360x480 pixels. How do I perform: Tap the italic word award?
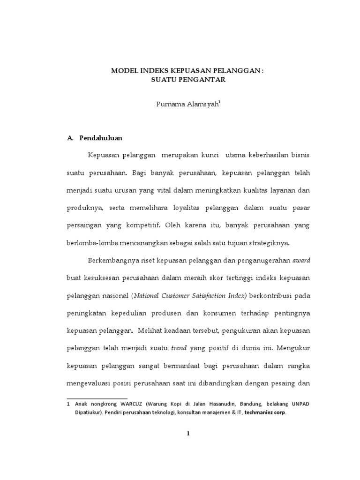[301, 261]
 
